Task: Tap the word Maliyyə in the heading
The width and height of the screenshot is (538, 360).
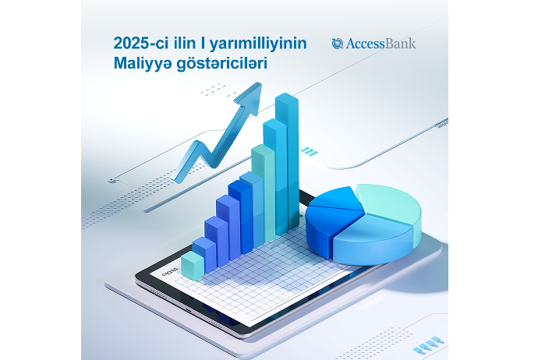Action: point(142,64)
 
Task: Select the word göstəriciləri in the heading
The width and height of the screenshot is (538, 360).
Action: point(221,64)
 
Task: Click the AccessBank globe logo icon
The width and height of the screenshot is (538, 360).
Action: point(338,44)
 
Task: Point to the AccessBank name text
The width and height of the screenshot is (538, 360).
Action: point(380,44)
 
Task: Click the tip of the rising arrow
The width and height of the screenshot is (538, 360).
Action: point(260,83)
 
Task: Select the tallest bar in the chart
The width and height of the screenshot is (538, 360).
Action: point(287,161)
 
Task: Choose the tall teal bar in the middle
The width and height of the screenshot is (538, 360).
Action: point(264,192)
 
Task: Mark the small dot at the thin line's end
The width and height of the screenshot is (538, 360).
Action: point(111,180)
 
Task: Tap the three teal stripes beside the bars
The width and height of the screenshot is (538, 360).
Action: point(309,151)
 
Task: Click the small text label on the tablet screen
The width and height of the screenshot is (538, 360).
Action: point(170,271)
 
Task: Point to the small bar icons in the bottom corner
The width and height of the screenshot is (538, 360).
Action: point(429,344)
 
